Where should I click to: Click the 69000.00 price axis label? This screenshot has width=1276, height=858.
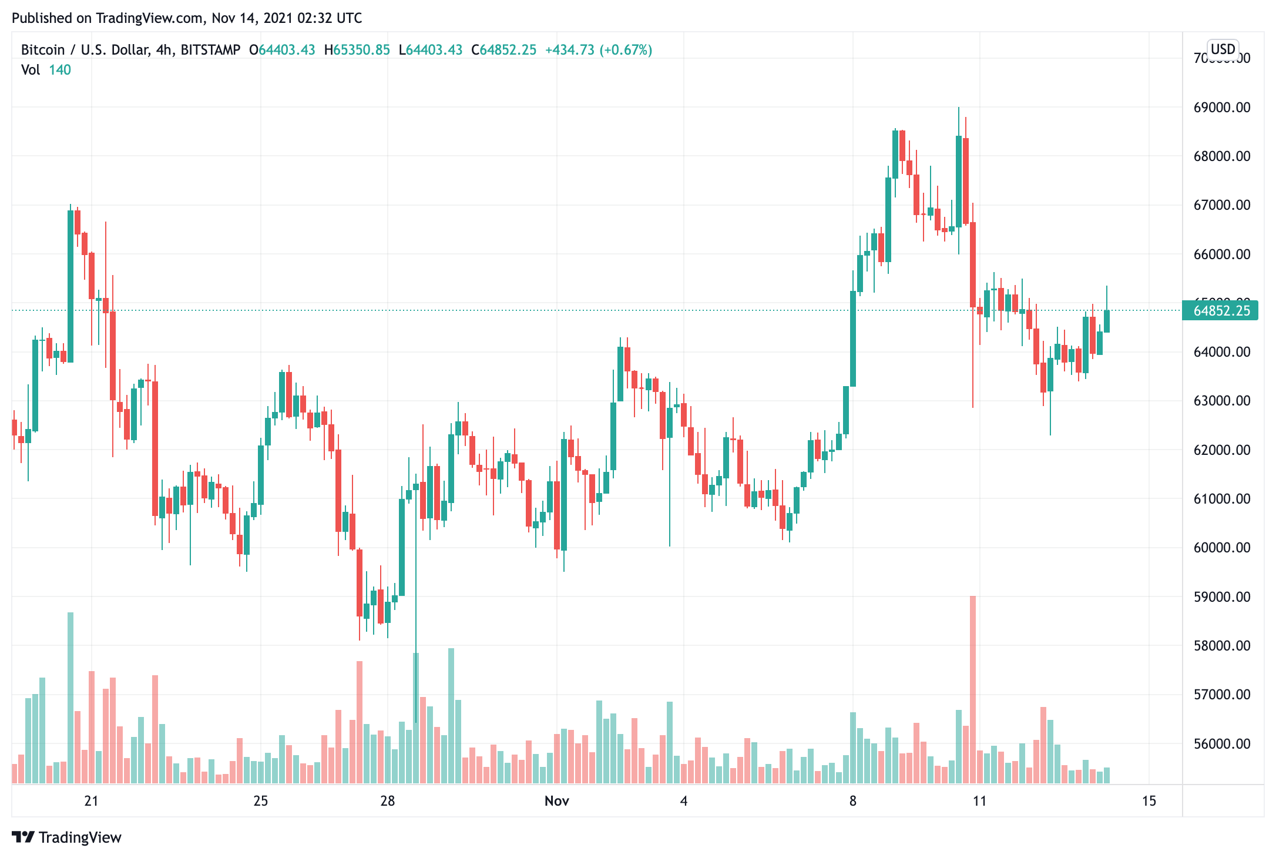[1221, 108]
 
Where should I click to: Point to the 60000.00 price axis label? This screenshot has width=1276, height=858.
[1221, 548]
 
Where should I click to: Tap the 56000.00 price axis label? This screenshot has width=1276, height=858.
[1221, 743]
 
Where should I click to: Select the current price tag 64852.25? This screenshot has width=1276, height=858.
[1221, 310]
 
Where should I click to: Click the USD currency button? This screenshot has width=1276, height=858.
[1223, 49]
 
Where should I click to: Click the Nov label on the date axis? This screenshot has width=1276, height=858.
[556, 801]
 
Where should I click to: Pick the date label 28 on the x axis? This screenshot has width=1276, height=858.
[387, 801]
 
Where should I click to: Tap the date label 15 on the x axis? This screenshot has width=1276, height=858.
[1149, 801]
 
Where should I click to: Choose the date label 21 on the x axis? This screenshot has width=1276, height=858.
[91, 801]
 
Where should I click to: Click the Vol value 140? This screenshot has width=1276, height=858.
[59, 70]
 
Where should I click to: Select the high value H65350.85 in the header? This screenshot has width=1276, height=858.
[357, 50]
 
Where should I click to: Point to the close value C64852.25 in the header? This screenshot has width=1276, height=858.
[503, 50]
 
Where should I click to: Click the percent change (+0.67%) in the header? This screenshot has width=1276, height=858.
[626, 50]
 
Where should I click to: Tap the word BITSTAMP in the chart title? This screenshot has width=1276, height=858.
[210, 50]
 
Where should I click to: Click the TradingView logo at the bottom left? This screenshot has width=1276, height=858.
[66, 837]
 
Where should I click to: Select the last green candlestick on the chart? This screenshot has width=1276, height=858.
[1107, 321]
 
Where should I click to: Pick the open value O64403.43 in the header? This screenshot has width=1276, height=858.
[282, 50]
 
